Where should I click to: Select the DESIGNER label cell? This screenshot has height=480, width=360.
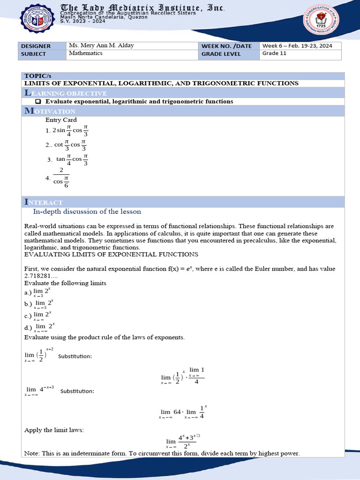[42, 46]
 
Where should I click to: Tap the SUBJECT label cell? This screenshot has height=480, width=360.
[42, 54]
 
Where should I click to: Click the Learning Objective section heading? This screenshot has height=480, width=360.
[66, 93]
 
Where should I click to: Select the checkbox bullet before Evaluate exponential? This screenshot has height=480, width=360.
[38, 102]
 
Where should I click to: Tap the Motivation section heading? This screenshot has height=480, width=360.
[50, 111]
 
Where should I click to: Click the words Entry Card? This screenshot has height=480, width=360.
[61, 120]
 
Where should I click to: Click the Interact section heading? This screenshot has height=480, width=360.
[44, 202]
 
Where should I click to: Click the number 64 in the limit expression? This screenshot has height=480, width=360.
[177, 412]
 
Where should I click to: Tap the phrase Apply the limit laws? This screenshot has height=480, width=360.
[54, 429]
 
